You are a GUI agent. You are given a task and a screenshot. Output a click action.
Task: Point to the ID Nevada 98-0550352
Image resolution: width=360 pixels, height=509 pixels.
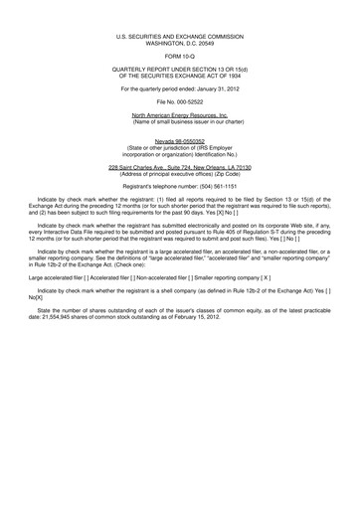[180, 142]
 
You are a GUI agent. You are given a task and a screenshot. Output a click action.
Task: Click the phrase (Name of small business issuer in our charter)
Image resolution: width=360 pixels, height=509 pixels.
[180, 122]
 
